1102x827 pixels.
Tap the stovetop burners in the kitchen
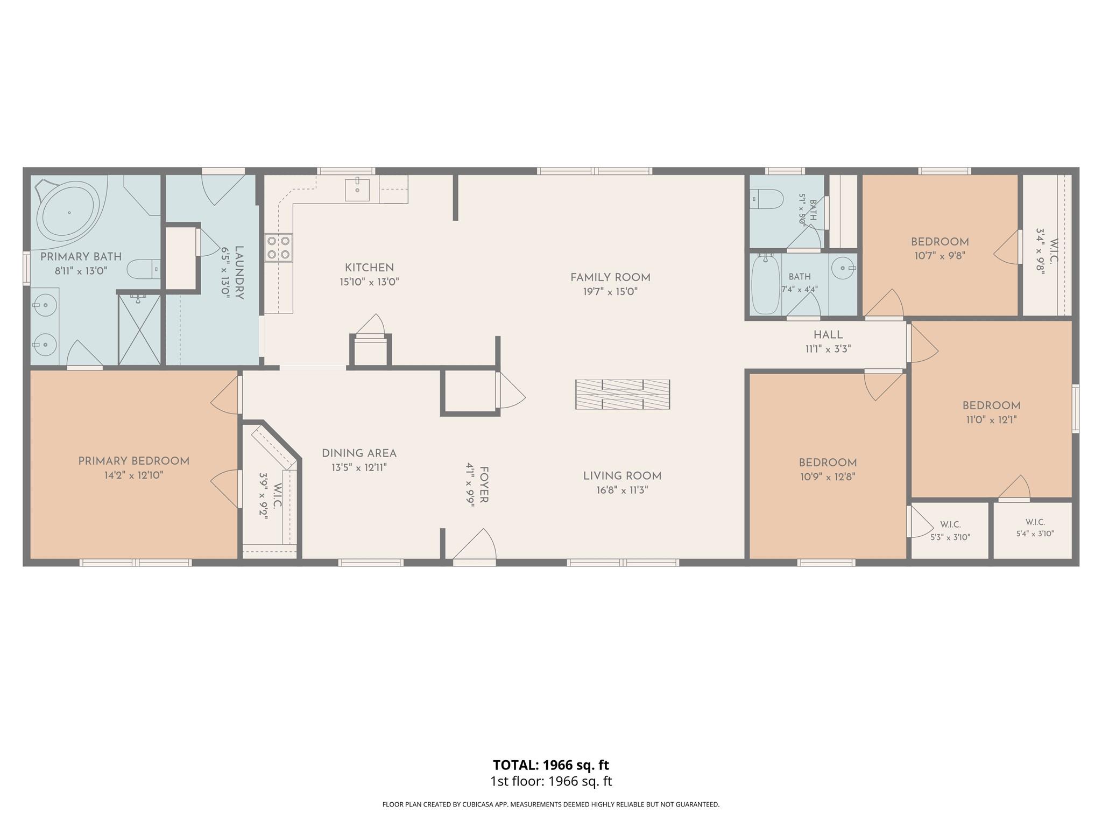tap(279, 247)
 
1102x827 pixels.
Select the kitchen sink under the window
tap(357, 190)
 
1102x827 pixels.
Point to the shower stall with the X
tap(139, 329)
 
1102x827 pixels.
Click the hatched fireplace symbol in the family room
tap(623, 395)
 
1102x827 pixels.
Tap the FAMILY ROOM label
tap(610, 278)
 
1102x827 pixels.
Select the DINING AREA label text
tap(359, 453)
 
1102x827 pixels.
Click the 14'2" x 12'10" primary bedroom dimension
tap(134, 475)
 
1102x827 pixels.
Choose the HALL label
tap(828, 335)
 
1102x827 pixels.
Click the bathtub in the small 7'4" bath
tap(765, 284)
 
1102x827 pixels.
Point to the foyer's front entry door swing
tap(474, 544)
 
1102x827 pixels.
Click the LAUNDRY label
tap(239, 273)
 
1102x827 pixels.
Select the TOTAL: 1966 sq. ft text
tap(551, 765)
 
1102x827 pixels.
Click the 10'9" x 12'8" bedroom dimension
tap(828, 477)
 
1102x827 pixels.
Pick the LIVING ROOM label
tap(622, 476)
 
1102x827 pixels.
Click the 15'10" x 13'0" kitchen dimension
tap(369, 282)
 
